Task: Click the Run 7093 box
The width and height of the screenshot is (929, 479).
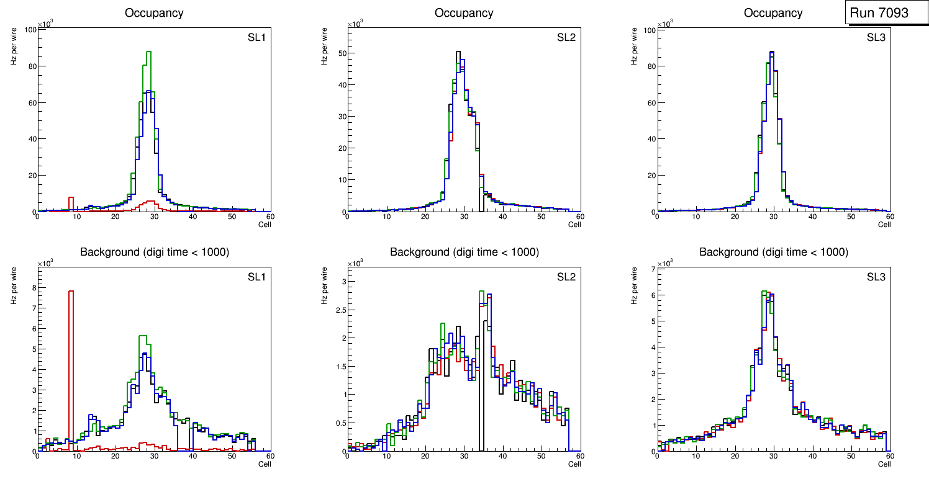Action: click(879, 12)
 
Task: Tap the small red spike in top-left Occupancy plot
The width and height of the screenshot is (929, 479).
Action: click(71, 199)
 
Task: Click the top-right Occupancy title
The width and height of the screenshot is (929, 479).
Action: click(773, 13)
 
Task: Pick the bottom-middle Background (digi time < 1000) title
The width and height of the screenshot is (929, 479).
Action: click(464, 252)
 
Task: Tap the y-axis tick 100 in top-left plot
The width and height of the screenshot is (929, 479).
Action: click(29, 29)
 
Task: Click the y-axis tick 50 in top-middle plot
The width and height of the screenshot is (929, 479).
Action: click(341, 53)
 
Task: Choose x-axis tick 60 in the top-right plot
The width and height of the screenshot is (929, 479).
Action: click(889, 217)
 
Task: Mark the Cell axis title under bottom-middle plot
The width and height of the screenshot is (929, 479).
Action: click(574, 463)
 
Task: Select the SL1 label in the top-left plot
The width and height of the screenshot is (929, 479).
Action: click(256, 38)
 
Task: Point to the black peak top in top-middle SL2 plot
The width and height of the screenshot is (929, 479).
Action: click(458, 52)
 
